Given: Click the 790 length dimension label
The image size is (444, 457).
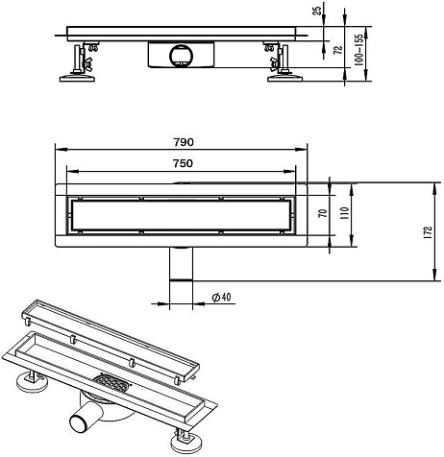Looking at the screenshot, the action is click(x=184, y=142).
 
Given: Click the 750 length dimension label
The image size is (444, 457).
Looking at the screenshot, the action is click(x=183, y=163).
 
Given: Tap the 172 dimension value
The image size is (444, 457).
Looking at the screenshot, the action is click(x=429, y=232).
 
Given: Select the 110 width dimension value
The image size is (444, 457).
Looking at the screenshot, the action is click(x=345, y=213).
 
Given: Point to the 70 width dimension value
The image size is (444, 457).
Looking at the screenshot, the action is click(x=323, y=213).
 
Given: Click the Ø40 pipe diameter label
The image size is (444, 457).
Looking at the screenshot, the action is click(x=221, y=297).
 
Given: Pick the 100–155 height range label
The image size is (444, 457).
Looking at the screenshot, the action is click(x=359, y=50).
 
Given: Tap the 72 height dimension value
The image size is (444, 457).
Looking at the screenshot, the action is click(x=338, y=50).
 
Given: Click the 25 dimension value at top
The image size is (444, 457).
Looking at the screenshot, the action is click(x=317, y=11).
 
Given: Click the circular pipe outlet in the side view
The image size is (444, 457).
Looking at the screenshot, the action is click(x=182, y=55).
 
